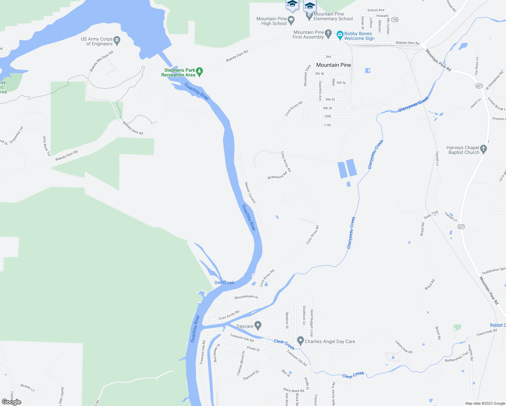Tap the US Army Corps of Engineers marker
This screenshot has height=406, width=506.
(117, 41)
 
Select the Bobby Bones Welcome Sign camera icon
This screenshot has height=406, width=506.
(340, 35)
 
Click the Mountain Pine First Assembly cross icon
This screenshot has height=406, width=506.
(328, 34)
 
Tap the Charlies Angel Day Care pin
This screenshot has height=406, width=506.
(300, 340)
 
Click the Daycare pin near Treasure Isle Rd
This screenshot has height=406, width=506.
(258, 325)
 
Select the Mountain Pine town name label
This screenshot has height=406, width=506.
(333, 65)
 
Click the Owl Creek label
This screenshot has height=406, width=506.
(224, 283)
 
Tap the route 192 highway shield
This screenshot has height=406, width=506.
(395, 20)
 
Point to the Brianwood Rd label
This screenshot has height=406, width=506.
(277, 175)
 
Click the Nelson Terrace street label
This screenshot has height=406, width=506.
(250, 193)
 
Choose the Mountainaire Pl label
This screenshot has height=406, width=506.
(246, 297)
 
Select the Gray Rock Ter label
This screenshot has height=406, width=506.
(46, 146)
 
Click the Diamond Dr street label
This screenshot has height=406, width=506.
(251, 375)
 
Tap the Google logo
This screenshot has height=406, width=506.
(11, 402)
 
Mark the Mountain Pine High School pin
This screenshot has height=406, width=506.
(291, 20)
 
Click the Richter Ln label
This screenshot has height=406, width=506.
(28, 387)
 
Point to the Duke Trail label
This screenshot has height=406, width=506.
(431, 215)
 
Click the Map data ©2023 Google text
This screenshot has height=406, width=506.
(485, 403)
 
